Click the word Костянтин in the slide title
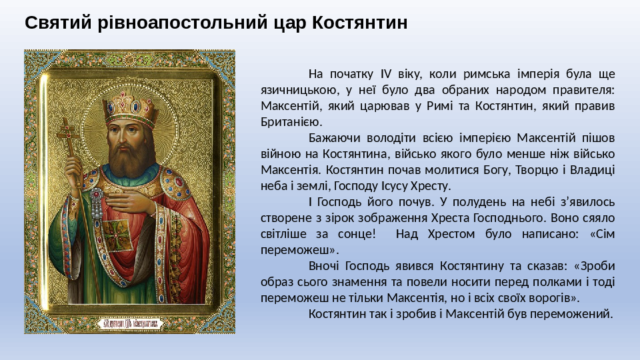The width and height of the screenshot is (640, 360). (359, 23)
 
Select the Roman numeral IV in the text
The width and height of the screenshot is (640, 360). (386, 74)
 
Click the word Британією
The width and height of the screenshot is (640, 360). (292, 121)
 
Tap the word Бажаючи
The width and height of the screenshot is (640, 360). (334, 138)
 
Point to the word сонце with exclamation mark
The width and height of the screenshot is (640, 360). (356, 234)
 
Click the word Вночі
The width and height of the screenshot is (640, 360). (324, 266)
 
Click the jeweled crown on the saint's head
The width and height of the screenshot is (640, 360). (131, 106)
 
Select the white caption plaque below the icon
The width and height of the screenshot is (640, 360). (131, 324)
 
